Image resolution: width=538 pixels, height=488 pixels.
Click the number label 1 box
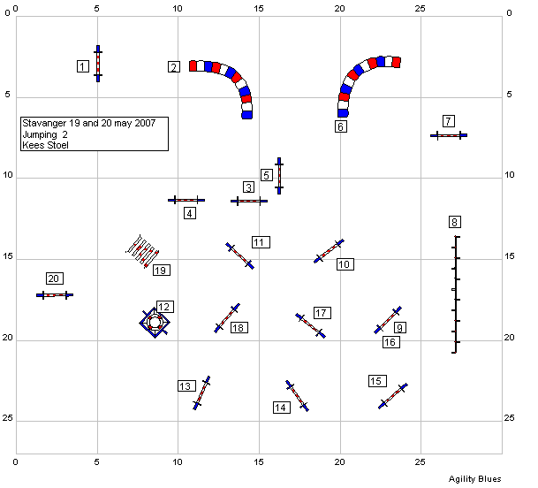click(x=83, y=66)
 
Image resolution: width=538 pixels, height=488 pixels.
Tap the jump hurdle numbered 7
click(x=449, y=135)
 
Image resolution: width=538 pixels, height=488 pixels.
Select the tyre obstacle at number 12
click(x=155, y=323)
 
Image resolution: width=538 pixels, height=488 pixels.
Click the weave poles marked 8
click(x=455, y=294)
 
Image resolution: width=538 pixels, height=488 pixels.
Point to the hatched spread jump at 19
click(x=142, y=251)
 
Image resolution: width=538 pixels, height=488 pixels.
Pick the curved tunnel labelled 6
click(x=364, y=82)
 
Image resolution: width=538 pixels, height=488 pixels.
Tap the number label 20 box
click(x=55, y=278)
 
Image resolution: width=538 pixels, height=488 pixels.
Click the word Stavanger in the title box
click(x=44, y=123)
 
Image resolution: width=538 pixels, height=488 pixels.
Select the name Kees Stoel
click(x=45, y=145)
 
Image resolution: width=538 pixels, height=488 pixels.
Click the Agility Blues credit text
click(x=475, y=479)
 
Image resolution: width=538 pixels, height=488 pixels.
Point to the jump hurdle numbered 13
click(x=201, y=393)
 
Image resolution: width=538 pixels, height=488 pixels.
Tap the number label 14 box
click(x=282, y=408)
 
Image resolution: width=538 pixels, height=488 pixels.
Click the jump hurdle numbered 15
click(x=393, y=396)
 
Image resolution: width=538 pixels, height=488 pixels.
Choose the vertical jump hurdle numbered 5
click(x=279, y=176)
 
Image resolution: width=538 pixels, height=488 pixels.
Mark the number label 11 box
click(x=261, y=242)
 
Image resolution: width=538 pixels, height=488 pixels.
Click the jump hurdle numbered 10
click(x=329, y=251)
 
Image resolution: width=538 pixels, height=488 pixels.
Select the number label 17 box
click(x=322, y=313)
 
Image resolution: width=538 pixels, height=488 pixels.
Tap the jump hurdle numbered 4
click(x=186, y=200)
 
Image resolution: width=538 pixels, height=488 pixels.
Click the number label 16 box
click(x=391, y=342)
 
